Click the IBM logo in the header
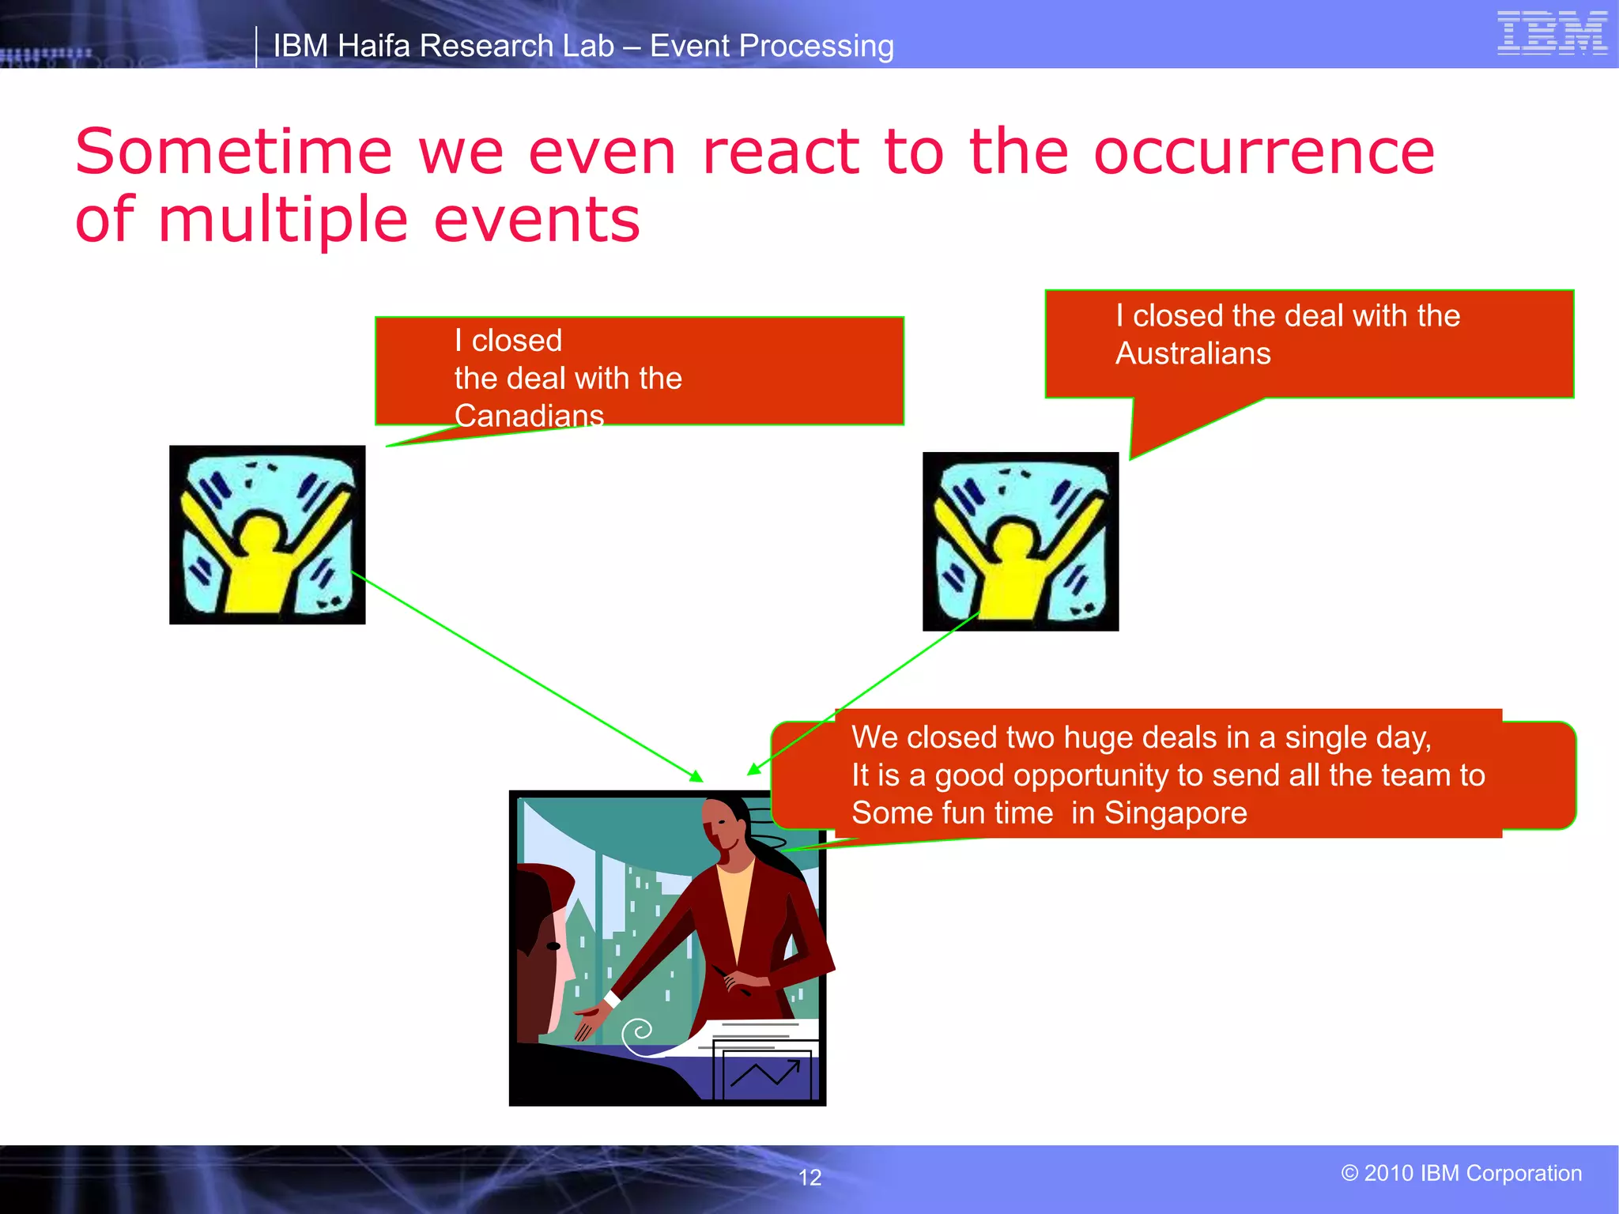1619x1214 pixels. [x=1552, y=33]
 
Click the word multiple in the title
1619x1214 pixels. [x=283, y=220]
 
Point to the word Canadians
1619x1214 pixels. [x=529, y=416]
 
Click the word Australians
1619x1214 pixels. [x=1192, y=353]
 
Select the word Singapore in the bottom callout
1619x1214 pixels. [x=1175, y=813]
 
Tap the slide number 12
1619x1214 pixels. [x=809, y=1178]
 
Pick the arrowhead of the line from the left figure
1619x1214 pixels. [x=697, y=778]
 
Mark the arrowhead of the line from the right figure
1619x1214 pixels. [x=753, y=770]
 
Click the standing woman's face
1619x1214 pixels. [x=723, y=830]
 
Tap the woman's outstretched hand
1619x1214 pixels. [x=588, y=1020]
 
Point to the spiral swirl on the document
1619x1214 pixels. [x=637, y=1031]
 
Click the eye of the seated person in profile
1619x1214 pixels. [x=553, y=946]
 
